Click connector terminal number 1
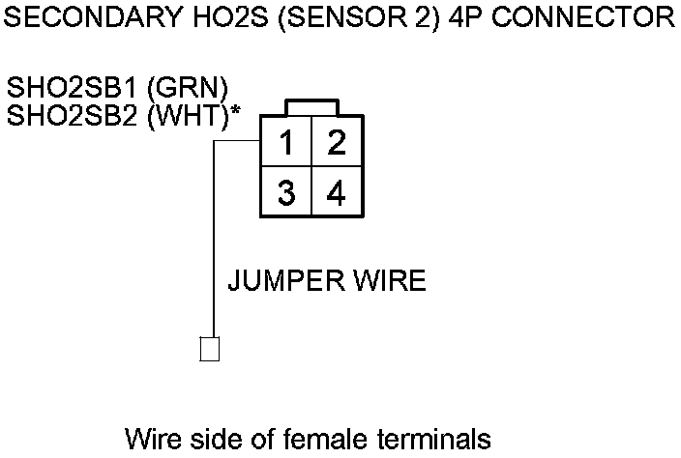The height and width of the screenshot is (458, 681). [x=286, y=143]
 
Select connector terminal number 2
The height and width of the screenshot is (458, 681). [x=336, y=143]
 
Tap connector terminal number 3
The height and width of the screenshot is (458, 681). [x=286, y=193]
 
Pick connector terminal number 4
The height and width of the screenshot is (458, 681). [x=336, y=193]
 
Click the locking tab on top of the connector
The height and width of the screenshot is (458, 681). [x=311, y=107]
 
